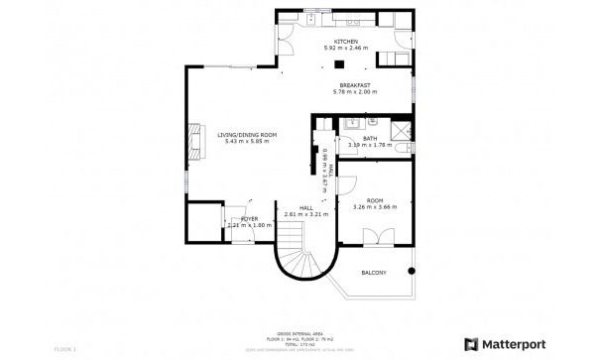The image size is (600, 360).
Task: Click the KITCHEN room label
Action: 344,42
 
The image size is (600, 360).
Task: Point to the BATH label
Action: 369,140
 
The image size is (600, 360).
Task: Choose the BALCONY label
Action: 373,272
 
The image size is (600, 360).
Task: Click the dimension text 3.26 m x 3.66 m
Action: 374,206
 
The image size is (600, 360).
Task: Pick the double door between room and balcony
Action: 373,238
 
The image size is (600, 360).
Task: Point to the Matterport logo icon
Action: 471,344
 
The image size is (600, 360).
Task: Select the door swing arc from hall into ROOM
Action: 346,183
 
